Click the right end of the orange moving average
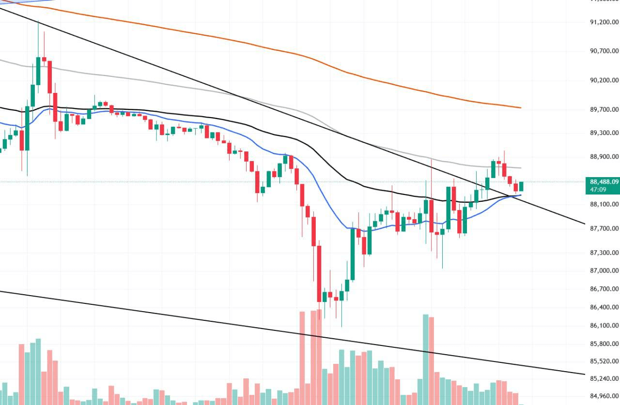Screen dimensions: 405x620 pyautogui.click(x=521, y=107)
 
